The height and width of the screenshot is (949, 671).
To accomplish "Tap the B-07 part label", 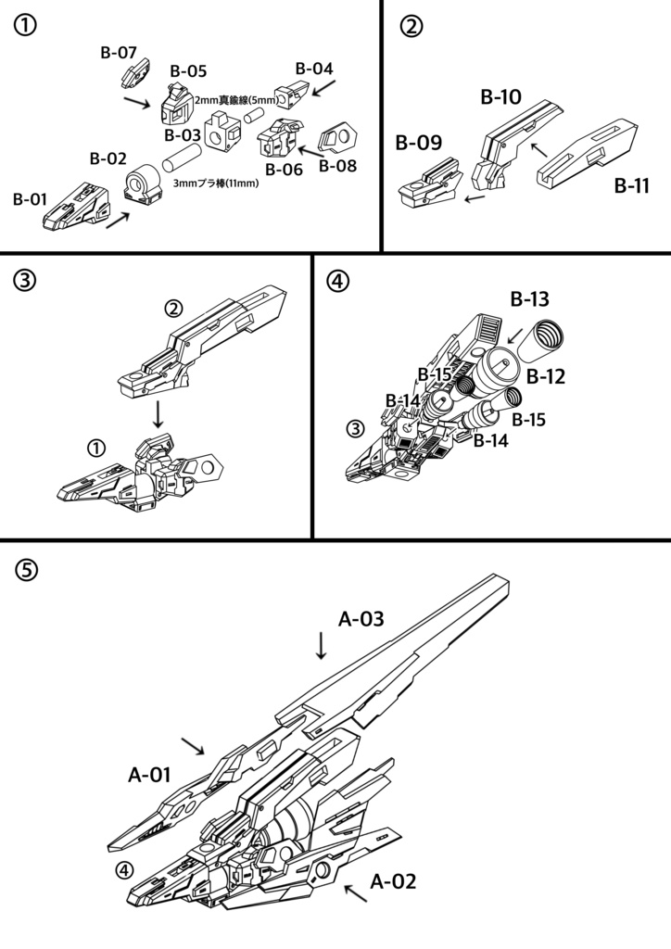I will (x=119, y=53).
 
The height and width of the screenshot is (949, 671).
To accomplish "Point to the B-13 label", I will (x=529, y=299).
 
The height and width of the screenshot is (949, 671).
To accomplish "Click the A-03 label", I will (x=361, y=619).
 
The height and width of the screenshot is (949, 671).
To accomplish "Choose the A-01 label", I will (x=149, y=775).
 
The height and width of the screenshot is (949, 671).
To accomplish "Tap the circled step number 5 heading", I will (x=28, y=571).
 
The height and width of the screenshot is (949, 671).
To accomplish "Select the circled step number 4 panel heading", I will (x=339, y=282).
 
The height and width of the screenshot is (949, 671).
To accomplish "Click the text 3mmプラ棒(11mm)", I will (x=215, y=183).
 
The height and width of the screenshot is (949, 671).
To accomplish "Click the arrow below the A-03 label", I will (x=321, y=645).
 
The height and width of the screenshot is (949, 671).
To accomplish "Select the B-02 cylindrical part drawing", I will (x=143, y=183).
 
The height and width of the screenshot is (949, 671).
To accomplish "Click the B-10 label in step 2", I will (x=500, y=96).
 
